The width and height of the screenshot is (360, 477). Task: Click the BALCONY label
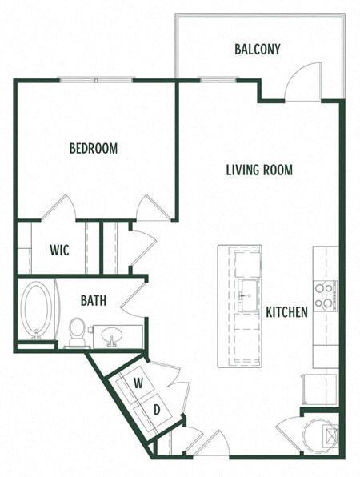click(258, 50)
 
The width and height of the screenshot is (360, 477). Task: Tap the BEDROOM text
click(94, 148)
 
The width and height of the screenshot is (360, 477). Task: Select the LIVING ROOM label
click(258, 170)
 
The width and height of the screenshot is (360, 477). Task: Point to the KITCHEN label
click(286, 312)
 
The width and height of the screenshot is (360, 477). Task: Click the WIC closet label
click(59, 251)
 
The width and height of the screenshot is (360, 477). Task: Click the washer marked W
click(138, 383)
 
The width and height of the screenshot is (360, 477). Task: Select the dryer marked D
click(157, 409)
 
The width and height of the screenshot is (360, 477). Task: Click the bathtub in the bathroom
click(35, 311)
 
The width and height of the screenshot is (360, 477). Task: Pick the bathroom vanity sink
click(113, 335)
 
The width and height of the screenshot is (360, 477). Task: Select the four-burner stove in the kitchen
click(324, 295)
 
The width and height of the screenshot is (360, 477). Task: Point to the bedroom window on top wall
click(95, 80)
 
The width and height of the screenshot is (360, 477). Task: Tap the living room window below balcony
click(211, 80)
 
